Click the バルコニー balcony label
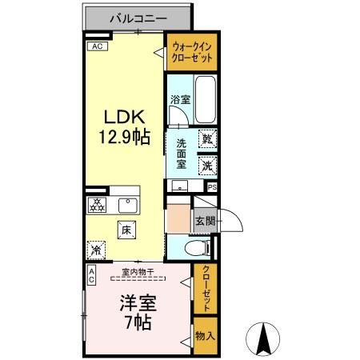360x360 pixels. pos(137,17)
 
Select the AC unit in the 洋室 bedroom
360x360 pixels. pos(91,276)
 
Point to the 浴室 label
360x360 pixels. pos(179,100)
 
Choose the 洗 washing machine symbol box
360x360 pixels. pos(207,166)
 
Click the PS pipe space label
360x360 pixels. pos(212,187)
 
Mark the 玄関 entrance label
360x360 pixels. pos(205,219)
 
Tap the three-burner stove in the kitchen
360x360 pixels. pos(97,204)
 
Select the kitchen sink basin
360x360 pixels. pos(126,205)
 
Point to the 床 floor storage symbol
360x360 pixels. pos(126,230)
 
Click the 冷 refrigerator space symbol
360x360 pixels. pos(97,249)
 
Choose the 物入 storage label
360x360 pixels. pos(205,335)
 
